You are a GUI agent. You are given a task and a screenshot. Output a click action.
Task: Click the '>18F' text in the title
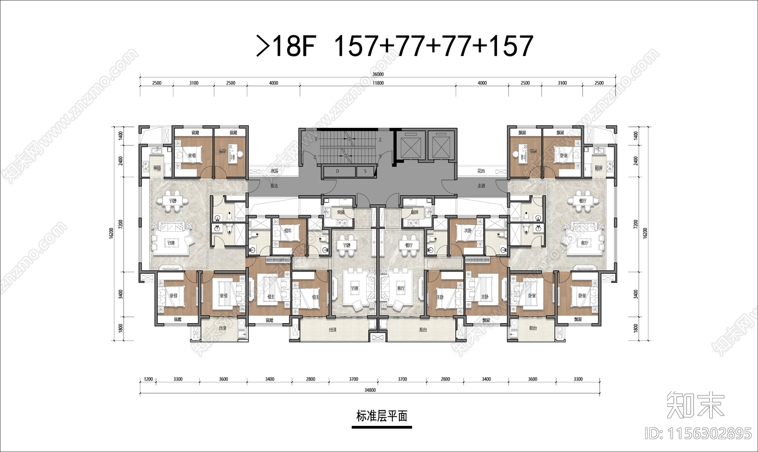285,46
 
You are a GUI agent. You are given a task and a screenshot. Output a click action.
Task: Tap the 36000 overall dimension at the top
378,74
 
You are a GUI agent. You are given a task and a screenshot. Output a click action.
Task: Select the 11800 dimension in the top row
378,83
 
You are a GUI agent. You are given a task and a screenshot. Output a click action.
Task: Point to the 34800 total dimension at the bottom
370,390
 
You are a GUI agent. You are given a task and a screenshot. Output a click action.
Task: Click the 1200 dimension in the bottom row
148,380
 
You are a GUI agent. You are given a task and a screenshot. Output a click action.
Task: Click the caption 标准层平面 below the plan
381,416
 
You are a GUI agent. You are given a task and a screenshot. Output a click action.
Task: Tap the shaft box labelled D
338,172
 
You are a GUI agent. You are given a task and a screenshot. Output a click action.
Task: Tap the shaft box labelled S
365,172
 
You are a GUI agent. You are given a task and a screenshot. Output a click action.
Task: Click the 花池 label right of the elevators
481,171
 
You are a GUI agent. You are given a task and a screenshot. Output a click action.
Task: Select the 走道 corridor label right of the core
481,186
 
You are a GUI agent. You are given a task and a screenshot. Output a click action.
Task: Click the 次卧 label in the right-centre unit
468,231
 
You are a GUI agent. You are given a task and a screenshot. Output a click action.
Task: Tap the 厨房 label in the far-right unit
598,168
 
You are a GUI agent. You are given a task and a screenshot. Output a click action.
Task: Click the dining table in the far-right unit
582,200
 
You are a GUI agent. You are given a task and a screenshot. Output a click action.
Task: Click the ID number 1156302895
698,433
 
